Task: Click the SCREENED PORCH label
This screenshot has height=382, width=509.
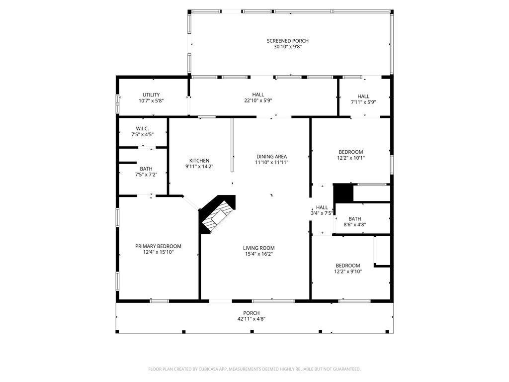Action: coord(288,41)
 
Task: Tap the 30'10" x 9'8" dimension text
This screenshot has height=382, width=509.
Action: coord(288,47)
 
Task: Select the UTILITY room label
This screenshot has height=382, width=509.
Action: coord(151,95)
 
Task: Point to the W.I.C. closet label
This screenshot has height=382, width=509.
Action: coord(142,129)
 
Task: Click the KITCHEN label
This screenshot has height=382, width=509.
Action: coord(199,161)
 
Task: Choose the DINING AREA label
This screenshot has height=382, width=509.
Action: coord(272,157)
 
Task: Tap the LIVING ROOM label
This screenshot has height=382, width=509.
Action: coord(258,248)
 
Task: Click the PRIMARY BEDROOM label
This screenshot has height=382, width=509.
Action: coord(159,246)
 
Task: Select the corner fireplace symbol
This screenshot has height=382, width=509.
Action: coord(217,213)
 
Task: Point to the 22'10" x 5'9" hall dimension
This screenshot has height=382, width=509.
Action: coord(258,100)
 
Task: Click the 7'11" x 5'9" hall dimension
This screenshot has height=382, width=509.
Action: coord(363,102)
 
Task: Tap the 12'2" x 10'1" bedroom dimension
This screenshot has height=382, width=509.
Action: coord(351,158)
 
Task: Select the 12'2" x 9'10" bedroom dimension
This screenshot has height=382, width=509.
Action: coord(348,272)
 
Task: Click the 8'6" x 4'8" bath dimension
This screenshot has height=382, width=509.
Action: coord(355,224)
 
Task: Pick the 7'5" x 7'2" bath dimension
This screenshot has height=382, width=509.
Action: coord(146,175)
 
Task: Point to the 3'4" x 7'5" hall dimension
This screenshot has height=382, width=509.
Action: coord(322,213)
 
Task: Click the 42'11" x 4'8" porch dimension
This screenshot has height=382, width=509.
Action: coord(252,319)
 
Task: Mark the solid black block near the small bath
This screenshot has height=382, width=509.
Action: coord(343,192)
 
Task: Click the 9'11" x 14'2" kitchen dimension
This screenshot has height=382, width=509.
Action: coord(199,167)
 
